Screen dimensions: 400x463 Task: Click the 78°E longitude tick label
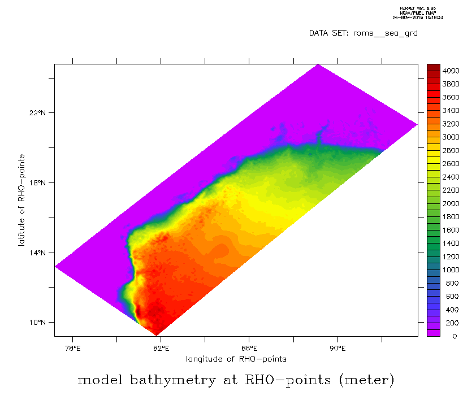click(73, 348)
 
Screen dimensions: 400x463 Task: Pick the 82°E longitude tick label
click(161, 348)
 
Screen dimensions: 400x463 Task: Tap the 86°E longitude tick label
click(249, 348)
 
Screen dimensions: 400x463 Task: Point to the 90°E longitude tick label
click(337, 348)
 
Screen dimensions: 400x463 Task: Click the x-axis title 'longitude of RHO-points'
click(236, 359)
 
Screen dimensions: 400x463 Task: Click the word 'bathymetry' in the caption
click(171, 380)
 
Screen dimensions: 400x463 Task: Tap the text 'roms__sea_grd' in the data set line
click(386, 33)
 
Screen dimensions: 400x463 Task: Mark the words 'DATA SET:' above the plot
click(329, 33)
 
